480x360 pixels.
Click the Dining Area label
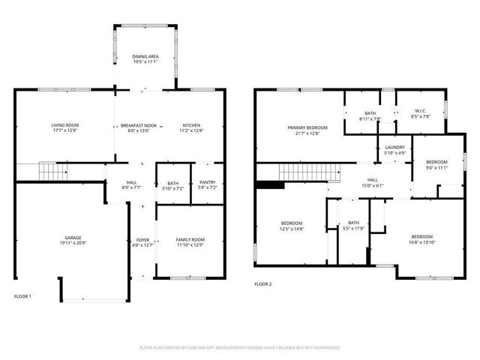point(145,55)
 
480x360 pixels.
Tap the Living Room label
point(65,125)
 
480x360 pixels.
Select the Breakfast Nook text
point(139,125)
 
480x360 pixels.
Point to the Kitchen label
point(192,125)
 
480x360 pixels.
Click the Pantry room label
point(207,182)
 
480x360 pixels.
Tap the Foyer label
point(142,239)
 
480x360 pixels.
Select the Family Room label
point(190,239)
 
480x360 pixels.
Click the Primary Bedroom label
point(307,128)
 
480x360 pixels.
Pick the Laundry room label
point(395,148)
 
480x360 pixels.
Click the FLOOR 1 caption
point(23,296)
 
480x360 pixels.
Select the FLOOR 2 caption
point(262,284)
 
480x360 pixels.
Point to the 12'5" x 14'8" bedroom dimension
point(292,228)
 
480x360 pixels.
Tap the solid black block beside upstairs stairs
point(265,184)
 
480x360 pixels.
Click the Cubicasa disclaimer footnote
point(240,348)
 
